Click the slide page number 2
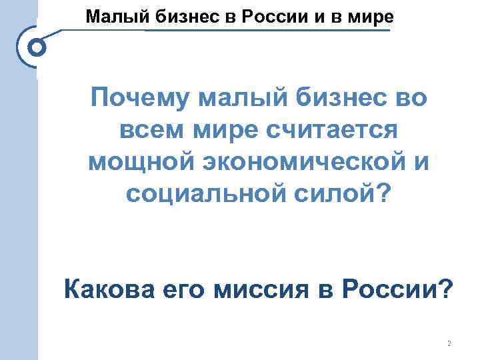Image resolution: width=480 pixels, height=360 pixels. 449,343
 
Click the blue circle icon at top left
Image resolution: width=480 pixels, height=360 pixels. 37,48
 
